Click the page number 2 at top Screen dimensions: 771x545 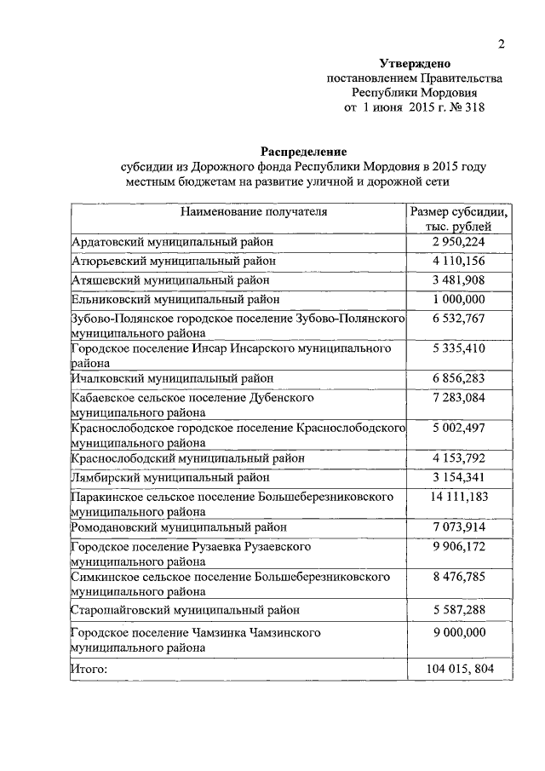click(502, 44)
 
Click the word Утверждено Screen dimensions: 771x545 click(415, 64)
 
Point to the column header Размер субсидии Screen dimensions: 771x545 click(460, 212)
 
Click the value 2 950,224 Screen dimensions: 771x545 click(458, 243)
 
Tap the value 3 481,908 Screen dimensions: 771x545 click(458, 279)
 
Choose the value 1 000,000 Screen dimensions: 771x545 click(458, 298)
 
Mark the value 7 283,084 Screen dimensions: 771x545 click(458, 398)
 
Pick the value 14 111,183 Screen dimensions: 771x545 click(458, 496)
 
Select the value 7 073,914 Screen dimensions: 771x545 click(458, 528)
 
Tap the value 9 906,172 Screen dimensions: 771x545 click(458, 545)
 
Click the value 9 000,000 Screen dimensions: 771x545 click(458, 633)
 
